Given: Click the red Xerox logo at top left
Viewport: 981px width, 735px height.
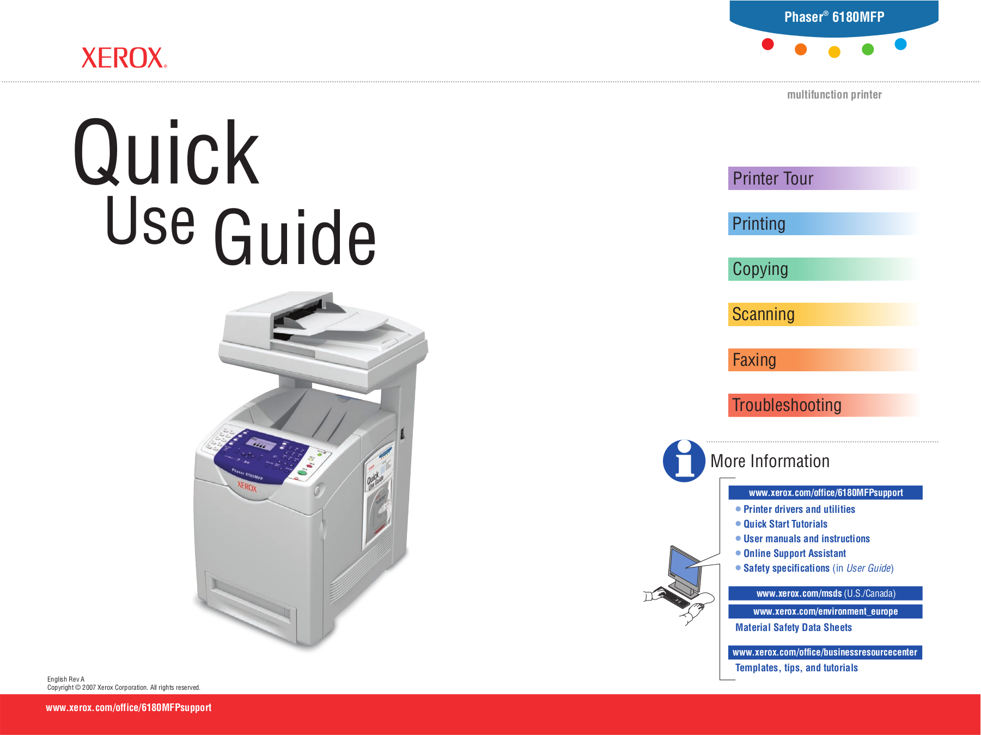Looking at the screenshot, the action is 124,58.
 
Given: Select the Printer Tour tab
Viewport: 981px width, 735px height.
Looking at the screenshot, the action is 823,178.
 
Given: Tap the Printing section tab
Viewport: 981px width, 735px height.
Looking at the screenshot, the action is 823,224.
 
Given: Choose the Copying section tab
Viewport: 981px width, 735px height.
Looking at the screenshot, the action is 823,269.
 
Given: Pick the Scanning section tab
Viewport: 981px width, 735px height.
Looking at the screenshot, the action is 823,314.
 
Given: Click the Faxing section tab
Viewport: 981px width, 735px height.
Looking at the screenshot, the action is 823,360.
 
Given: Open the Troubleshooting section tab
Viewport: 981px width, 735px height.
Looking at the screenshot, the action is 823,405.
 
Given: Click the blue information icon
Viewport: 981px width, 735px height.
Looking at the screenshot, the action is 684,461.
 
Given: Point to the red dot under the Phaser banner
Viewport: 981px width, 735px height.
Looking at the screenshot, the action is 767,44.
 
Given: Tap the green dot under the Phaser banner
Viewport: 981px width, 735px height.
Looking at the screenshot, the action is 868,50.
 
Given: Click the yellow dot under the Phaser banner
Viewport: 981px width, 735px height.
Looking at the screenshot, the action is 834,52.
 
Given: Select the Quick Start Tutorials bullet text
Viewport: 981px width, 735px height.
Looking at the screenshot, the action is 785,524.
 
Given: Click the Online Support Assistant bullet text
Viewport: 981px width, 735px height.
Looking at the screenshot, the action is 795,553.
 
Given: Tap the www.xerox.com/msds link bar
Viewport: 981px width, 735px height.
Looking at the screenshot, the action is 825,593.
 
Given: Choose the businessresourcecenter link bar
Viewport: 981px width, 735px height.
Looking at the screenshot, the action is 825,652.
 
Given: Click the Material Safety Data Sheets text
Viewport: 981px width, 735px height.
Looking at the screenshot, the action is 794,627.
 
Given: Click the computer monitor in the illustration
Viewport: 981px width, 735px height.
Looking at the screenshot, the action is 685,569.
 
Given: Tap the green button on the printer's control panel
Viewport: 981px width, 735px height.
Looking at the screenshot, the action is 302,473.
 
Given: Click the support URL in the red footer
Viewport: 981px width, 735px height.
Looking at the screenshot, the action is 129,707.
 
